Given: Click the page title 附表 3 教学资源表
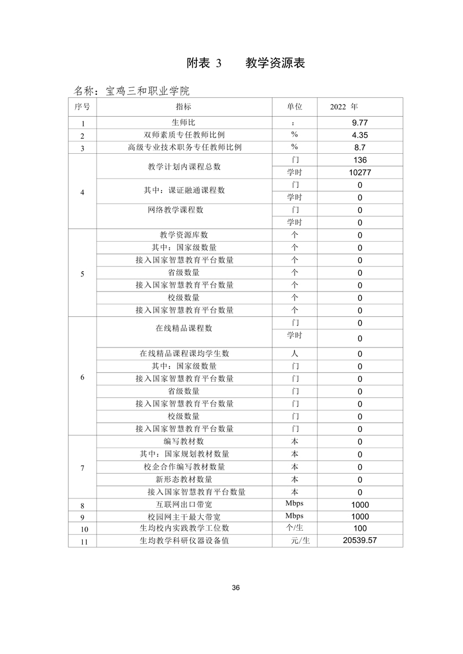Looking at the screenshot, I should coord(246,63).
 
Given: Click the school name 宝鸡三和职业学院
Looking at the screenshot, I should coord(131,91).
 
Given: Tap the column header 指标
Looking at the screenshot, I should coord(184,107).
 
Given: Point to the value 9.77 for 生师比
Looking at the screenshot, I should coord(360,123).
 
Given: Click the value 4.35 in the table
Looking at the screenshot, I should coord(360,135).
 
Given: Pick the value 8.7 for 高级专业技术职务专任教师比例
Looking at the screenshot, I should coord(360,147).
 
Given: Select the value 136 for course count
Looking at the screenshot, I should coord(360,160).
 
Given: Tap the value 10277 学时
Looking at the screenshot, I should coord(360,173).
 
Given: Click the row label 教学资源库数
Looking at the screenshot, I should coord(184,235).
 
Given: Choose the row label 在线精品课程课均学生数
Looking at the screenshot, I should coord(184,353).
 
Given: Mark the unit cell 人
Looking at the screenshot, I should coord(295,353).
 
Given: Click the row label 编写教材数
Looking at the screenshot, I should coord(184,442).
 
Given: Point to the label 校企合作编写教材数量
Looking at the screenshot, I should coord(184,467).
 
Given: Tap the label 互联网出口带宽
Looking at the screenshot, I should coord(184,504).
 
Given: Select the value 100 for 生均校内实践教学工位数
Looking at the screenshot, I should coord(360,529).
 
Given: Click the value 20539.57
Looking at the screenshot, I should coord(360,541).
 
